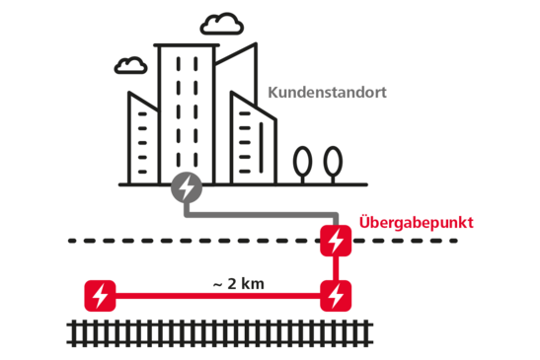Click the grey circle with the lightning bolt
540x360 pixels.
coord(186,185)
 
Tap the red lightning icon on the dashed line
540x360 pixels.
coord(336,240)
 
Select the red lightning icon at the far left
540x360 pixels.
coord(100,295)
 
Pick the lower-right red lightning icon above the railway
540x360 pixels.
coord(336,295)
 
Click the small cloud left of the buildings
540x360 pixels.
coord(129,66)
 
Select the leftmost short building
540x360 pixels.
coord(141,138)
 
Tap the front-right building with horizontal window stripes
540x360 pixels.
coord(252,138)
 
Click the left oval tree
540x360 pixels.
coord(302,161)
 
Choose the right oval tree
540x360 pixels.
coord(333,161)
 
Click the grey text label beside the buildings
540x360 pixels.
coord(327,94)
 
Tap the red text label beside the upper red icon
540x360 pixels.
coord(416,223)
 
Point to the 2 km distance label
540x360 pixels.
coord(239,283)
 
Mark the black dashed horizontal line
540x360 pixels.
coord(197,240)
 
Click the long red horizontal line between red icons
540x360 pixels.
coord(217,295)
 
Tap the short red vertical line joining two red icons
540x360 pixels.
coord(336,267)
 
